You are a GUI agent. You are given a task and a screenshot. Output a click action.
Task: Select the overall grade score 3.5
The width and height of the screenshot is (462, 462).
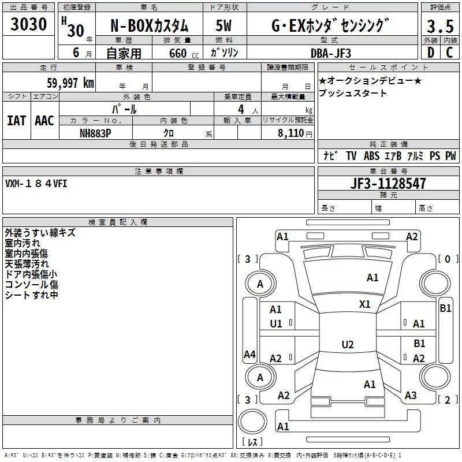(439, 27)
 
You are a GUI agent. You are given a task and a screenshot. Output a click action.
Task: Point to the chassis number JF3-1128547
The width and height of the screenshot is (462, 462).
(389, 184)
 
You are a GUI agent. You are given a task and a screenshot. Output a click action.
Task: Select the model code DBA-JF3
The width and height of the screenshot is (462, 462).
(331, 53)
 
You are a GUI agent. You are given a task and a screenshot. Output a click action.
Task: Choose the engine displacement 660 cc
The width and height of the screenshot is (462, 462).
(177, 53)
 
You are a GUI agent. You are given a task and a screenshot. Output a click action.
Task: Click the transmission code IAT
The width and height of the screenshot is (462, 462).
(16, 120)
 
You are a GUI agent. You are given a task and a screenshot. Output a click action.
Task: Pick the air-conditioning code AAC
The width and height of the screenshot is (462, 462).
(44, 120)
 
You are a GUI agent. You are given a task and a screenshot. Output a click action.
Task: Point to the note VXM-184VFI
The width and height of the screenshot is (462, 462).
(35, 184)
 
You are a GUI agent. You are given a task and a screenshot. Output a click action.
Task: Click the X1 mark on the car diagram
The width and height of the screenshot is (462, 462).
(365, 304)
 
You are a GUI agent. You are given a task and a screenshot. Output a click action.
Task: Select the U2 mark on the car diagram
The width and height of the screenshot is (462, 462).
(348, 345)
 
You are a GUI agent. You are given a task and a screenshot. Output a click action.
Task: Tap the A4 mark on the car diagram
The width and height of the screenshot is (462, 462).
(249, 355)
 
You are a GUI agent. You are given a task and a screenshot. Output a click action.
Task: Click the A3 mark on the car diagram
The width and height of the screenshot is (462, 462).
(411, 396)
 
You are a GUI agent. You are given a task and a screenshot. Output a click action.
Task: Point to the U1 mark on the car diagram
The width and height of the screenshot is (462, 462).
(276, 324)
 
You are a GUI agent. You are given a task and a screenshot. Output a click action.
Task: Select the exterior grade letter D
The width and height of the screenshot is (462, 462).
(430, 53)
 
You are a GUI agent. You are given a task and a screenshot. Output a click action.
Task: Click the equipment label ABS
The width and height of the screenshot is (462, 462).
(372, 156)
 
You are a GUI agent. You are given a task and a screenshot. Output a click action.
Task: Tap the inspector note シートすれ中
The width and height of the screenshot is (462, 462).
(31, 295)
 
